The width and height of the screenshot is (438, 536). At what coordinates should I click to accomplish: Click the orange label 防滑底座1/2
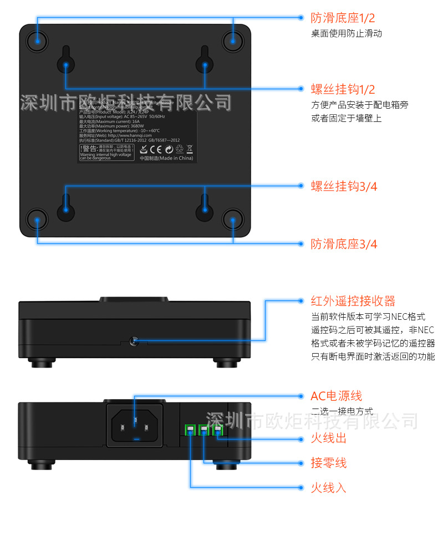343,18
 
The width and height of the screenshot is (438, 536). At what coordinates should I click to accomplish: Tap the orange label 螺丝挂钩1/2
343,89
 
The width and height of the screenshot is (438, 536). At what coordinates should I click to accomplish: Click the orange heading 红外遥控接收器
353,301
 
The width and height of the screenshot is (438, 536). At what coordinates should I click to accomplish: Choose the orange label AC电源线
336,396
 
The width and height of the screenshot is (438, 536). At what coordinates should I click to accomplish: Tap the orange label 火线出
329,438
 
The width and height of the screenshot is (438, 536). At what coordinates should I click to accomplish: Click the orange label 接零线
329,463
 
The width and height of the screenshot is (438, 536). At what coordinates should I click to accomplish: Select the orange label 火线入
329,488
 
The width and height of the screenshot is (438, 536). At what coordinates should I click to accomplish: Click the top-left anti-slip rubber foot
37,40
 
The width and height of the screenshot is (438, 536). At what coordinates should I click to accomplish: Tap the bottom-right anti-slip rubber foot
233,219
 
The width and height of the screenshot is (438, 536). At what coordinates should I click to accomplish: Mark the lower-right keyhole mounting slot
205,205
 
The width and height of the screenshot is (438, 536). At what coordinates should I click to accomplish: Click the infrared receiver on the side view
134,340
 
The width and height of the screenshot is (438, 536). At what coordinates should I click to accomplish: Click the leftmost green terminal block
190,429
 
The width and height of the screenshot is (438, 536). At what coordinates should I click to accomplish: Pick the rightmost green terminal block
218,429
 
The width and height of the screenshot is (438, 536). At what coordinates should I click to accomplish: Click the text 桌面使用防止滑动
346,34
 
